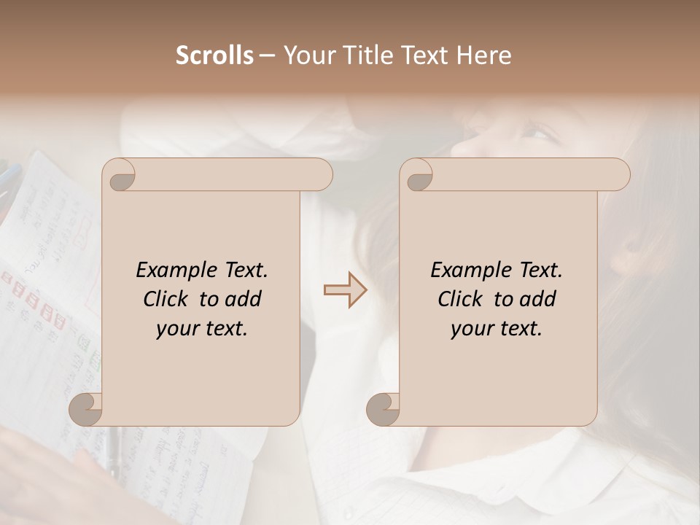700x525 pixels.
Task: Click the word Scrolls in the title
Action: point(214,55)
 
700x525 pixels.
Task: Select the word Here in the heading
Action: point(483,55)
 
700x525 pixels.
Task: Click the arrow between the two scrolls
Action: point(345,290)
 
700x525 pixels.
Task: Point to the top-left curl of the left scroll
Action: point(118,176)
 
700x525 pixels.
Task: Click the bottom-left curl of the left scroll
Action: point(86,409)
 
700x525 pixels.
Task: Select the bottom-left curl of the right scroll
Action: point(384,409)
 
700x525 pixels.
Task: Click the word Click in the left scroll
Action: point(166,299)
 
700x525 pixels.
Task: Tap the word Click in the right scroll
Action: point(461,299)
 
